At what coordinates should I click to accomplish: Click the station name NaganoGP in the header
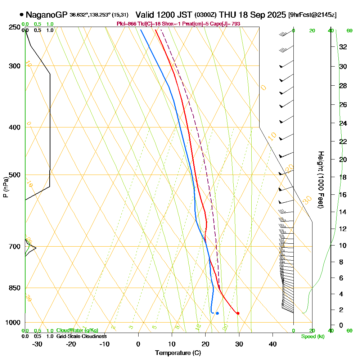tap(47, 15)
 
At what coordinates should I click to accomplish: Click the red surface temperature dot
tap(238, 313)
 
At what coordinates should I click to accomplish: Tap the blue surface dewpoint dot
tap(217, 313)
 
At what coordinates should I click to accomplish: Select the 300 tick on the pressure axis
tap(13, 66)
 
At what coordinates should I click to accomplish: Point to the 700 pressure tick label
tap(13, 247)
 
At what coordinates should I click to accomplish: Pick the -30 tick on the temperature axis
tap(37, 344)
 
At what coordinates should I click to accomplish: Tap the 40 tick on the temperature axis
tap(273, 344)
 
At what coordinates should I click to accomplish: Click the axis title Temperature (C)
tap(178, 353)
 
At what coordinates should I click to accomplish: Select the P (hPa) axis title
tap(5, 187)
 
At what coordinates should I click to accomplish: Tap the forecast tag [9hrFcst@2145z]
tap(312, 15)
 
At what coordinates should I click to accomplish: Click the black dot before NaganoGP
tap(22, 15)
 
